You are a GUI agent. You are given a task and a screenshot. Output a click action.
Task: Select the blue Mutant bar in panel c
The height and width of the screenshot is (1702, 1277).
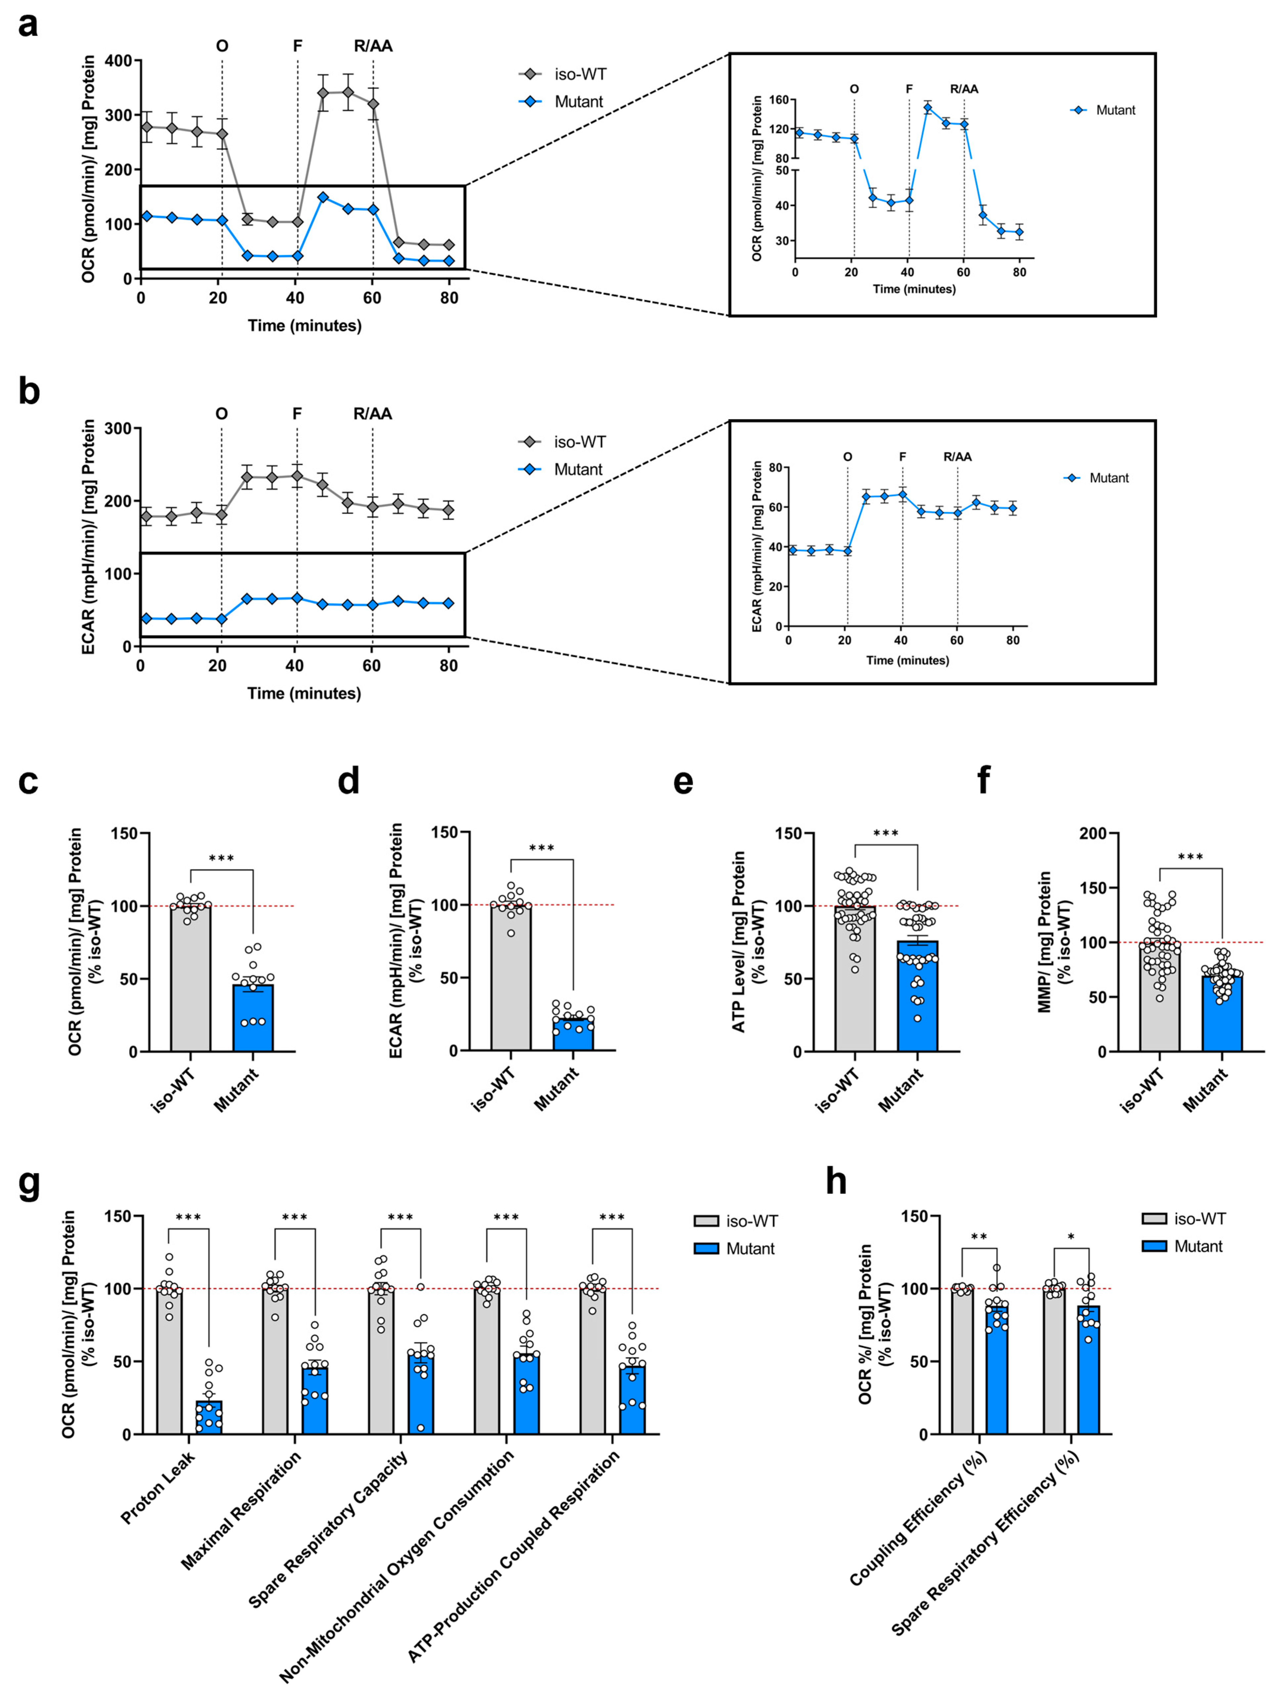[x=253, y=1017]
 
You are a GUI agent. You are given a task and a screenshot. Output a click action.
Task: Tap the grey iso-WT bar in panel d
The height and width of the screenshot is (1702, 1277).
[x=511, y=977]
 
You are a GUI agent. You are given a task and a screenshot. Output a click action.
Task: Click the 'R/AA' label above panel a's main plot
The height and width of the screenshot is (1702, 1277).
[x=373, y=46]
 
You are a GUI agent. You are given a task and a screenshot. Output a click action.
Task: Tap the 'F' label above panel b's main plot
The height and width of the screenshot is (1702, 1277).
[x=297, y=414]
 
